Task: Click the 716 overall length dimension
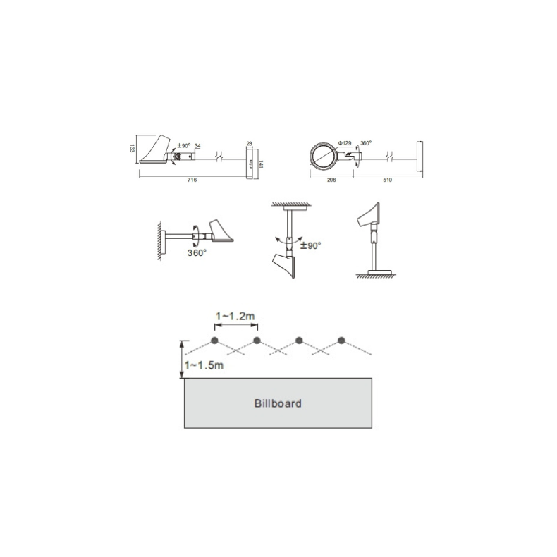click(x=192, y=180)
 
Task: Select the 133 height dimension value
click(x=132, y=148)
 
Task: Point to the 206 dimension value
click(x=332, y=180)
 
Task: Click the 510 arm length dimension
click(x=387, y=180)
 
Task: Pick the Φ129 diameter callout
click(x=345, y=143)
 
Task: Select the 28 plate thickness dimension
click(x=249, y=143)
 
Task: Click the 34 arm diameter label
click(x=197, y=147)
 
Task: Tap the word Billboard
click(x=278, y=404)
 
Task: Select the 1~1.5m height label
click(x=204, y=365)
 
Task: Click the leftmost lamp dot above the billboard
click(x=214, y=341)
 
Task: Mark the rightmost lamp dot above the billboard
click(x=342, y=341)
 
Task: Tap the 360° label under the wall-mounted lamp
click(x=197, y=252)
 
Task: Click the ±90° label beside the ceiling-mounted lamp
click(x=311, y=245)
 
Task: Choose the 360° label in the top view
click(x=366, y=143)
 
